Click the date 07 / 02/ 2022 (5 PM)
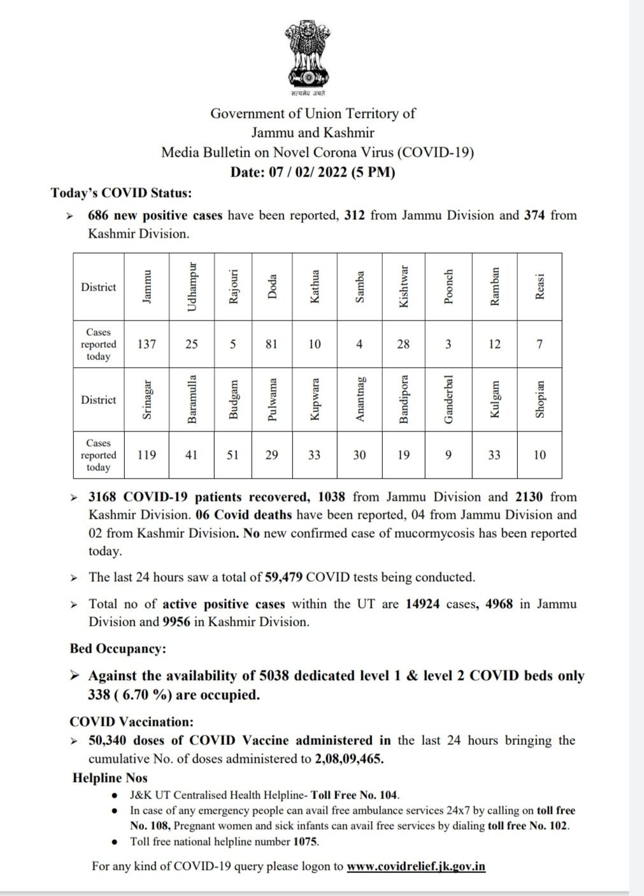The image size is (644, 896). click(x=313, y=172)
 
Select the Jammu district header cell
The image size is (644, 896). click(x=147, y=287)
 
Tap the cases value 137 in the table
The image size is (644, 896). click(x=147, y=344)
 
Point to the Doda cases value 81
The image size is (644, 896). click(x=272, y=344)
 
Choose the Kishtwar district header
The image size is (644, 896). click(x=403, y=287)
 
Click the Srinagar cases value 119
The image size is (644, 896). click(x=147, y=455)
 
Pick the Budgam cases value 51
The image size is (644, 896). click(x=233, y=455)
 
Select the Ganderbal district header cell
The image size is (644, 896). click(x=448, y=400)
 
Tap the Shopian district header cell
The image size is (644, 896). click(x=540, y=400)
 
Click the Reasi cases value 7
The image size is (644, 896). click(x=540, y=344)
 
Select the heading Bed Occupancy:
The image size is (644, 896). click(x=118, y=649)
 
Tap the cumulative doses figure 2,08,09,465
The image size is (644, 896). click(x=349, y=760)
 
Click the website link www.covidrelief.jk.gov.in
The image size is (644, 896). click(x=417, y=867)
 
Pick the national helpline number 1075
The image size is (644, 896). click(x=305, y=842)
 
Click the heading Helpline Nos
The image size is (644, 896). click(x=110, y=778)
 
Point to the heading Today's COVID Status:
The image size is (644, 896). click(x=121, y=193)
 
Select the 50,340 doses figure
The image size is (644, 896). click(x=111, y=741)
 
